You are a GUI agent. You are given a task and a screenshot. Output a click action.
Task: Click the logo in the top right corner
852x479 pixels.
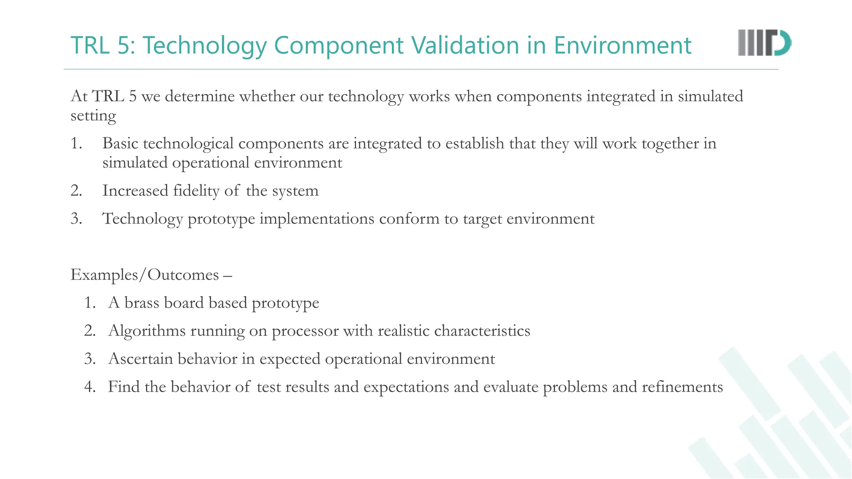(x=764, y=43)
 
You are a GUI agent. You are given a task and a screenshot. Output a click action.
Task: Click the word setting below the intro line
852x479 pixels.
(x=93, y=116)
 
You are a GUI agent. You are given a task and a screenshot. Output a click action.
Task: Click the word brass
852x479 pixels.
(x=142, y=303)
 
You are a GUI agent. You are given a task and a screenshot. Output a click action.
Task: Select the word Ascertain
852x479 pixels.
(x=141, y=359)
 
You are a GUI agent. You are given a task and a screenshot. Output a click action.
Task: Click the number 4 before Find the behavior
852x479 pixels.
(x=89, y=387)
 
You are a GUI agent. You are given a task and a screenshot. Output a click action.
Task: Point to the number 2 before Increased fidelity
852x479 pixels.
(x=75, y=191)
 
